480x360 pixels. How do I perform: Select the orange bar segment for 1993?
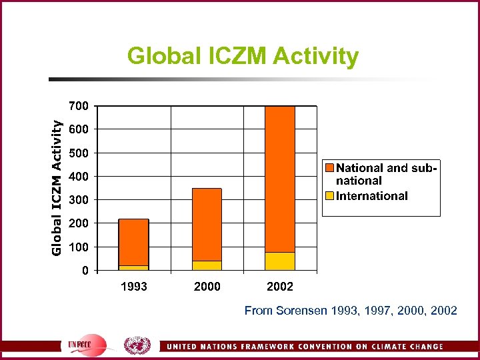coord(133,242)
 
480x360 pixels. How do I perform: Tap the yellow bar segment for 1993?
coord(133,267)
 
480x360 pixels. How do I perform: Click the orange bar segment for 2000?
coord(207,224)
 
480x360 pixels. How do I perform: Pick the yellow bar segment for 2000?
coord(207,265)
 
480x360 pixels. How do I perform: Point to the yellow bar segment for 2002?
coord(280,261)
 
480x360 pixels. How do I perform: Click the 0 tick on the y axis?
coord(85,271)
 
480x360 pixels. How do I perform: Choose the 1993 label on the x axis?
coord(133,287)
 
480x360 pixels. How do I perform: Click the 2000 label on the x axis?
coord(207,287)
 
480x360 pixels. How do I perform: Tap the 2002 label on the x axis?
coord(280,287)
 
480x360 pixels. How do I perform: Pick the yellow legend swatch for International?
coord(329,196)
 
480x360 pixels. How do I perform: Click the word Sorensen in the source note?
coord(297,311)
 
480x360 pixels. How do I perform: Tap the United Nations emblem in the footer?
coord(137,346)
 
